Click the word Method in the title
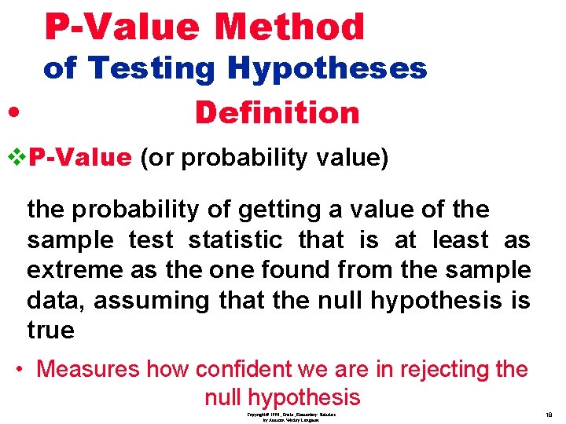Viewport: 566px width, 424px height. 289,27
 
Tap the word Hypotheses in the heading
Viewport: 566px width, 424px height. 327,69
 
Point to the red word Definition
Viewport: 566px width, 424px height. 277,113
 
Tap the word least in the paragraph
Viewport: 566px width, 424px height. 459,240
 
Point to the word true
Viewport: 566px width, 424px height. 50,330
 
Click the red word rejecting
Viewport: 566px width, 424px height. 429,369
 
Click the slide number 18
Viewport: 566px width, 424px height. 549,415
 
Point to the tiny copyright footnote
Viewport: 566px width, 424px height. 292,417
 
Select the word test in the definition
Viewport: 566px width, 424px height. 152,240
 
